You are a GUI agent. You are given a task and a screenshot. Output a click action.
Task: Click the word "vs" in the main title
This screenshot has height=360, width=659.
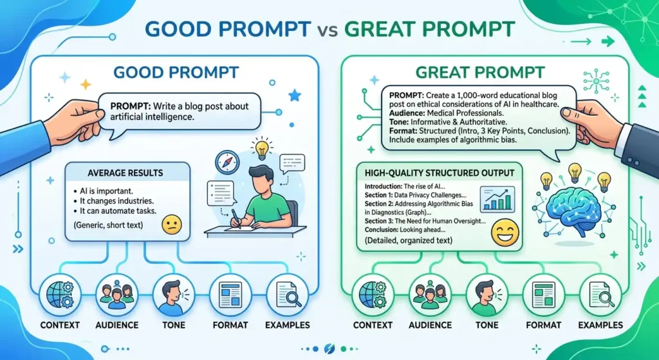click(x=329, y=30)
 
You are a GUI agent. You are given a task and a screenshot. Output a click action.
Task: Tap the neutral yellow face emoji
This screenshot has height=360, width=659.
click(x=171, y=225)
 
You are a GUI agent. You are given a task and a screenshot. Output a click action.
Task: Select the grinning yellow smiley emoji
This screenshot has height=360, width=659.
click(x=505, y=232)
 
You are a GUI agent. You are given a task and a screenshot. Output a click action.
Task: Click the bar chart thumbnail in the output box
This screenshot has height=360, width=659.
click(x=497, y=198)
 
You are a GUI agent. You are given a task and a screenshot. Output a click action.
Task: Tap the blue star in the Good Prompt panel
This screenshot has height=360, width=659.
click(x=295, y=96)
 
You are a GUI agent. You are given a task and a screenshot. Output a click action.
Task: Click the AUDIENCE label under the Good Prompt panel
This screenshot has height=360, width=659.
click(x=117, y=325)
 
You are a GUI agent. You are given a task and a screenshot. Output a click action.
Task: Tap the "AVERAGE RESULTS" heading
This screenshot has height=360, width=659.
click(x=125, y=173)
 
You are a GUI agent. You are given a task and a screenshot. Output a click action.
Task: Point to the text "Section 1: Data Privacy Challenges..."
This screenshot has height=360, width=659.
click(x=416, y=195)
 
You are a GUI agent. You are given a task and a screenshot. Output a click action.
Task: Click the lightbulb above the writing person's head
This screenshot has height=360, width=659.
click(x=262, y=148)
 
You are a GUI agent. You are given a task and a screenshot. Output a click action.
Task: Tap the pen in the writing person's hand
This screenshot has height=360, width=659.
click(x=236, y=219)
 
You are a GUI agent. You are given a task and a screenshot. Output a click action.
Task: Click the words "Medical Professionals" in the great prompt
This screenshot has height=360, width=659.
click(x=463, y=113)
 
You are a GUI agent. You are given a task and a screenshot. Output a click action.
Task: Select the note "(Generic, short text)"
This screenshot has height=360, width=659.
click(x=108, y=225)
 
